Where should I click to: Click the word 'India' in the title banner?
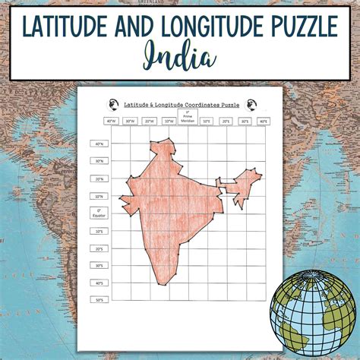click(179, 57)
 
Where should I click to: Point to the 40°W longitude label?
click(112, 121)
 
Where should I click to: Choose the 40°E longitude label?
click(263, 121)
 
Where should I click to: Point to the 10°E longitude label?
click(207, 121)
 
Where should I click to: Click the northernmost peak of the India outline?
click(166, 141)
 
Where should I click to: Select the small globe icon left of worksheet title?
click(115, 103)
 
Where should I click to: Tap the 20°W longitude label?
click(150, 121)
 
